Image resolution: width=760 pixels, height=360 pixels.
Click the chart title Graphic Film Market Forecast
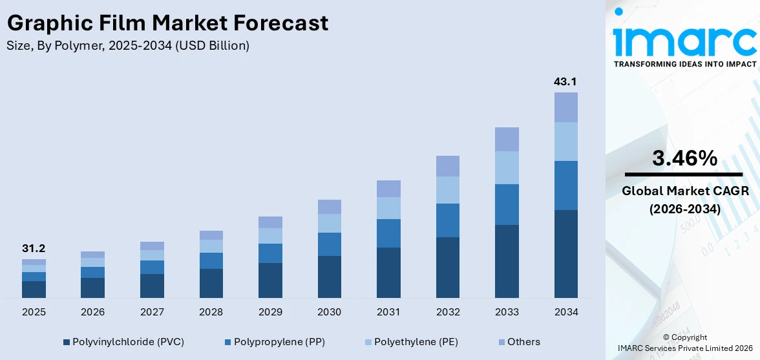(x=167, y=23)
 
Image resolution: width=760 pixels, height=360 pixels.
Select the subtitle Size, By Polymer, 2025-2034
(x=128, y=46)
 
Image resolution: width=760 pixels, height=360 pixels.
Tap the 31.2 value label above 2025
(x=34, y=248)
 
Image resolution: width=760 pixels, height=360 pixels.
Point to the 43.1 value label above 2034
(x=565, y=81)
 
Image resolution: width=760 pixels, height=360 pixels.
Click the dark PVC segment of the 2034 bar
(x=565, y=253)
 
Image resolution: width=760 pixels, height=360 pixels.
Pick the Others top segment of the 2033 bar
(x=507, y=139)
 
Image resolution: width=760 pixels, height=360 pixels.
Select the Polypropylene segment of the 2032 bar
(x=447, y=220)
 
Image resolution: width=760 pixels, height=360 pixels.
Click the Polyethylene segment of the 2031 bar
(x=388, y=208)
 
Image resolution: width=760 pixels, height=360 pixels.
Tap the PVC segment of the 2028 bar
(x=211, y=283)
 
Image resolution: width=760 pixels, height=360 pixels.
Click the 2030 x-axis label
(x=329, y=312)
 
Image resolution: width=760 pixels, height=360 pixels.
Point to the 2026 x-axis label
(x=92, y=312)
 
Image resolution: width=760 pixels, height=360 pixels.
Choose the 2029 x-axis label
(x=270, y=312)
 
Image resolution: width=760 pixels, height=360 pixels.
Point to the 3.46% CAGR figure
(x=684, y=158)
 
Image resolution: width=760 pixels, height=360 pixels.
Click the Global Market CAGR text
(x=684, y=191)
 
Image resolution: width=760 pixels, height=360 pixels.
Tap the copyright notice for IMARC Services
(x=684, y=343)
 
